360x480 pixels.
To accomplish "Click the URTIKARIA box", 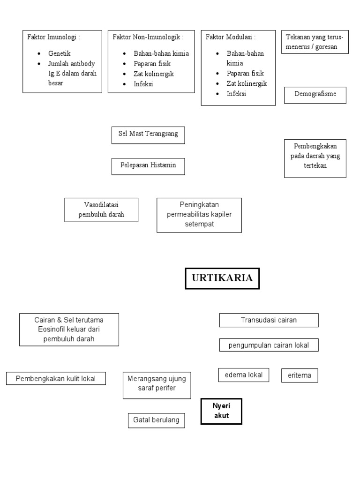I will pyautogui.click(x=222, y=278).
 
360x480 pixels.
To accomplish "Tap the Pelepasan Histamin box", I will pyautogui.click(x=148, y=166).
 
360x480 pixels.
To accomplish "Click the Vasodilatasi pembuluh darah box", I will pyautogui.click(x=101, y=210).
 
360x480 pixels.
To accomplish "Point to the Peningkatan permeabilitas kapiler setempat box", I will pyautogui.click(x=199, y=215).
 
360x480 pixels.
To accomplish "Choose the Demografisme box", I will pyautogui.click(x=315, y=95).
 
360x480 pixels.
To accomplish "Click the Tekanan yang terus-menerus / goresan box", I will pyautogui.click(x=315, y=42).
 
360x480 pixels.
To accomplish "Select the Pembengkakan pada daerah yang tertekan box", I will pyautogui.click(x=315, y=158).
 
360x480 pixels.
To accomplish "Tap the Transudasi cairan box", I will pyautogui.click(x=269, y=320).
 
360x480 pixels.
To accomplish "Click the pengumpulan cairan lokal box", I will pyautogui.click(x=269, y=345).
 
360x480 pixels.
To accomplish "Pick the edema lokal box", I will pyautogui.click(x=244, y=375).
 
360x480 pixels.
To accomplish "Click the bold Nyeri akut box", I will pyautogui.click(x=221, y=411).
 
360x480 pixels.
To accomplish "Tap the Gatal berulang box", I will pyautogui.click(x=156, y=420).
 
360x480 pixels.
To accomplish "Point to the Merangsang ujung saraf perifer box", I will pyautogui.click(x=157, y=385).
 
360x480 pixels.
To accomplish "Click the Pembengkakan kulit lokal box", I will pyautogui.click(x=56, y=378).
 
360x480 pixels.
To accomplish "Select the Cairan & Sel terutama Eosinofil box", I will pyautogui.click(x=69, y=330).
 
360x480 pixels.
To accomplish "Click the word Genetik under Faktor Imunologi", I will pyautogui.click(x=59, y=54).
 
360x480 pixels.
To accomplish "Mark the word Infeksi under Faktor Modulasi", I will pyautogui.click(x=237, y=93).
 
